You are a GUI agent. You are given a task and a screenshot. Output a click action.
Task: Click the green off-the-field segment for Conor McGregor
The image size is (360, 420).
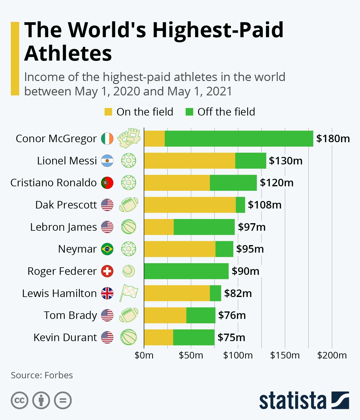(x=239, y=139)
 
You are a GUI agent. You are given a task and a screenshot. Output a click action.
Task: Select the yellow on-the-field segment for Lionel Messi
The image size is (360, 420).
(x=189, y=161)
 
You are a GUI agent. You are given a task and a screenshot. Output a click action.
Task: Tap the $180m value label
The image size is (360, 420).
(x=333, y=139)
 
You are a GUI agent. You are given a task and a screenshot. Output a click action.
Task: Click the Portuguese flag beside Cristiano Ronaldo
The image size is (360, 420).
(x=107, y=183)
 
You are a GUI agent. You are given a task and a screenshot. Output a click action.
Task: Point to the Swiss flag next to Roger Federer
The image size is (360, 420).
(x=107, y=271)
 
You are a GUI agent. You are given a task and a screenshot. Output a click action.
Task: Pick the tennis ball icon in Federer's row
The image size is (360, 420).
(x=129, y=271)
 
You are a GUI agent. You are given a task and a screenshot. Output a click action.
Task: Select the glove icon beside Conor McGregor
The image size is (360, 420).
(x=129, y=138)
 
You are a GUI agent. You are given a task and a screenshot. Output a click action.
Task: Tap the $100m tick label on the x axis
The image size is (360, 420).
(x=238, y=355)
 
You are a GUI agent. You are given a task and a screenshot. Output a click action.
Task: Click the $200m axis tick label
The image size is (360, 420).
(x=332, y=355)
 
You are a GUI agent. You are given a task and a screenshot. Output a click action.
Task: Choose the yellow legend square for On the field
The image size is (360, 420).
(x=108, y=112)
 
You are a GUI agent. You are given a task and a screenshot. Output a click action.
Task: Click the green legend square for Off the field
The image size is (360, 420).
(x=189, y=112)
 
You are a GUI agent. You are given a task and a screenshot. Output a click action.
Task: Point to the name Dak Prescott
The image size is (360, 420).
(x=66, y=205)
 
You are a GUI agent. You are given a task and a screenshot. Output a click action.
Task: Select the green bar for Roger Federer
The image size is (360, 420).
(x=186, y=271)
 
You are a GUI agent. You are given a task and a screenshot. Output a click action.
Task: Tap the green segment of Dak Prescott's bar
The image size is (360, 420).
(x=240, y=205)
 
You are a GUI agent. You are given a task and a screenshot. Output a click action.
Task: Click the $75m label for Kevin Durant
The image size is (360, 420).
(x=231, y=337)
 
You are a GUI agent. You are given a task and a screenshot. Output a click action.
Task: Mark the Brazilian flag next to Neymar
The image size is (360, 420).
(x=107, y=249)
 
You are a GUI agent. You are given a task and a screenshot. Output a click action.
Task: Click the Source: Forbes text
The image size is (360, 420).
(x=42, y=375)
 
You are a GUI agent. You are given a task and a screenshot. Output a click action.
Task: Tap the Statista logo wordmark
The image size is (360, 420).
(x=292, y=400)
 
